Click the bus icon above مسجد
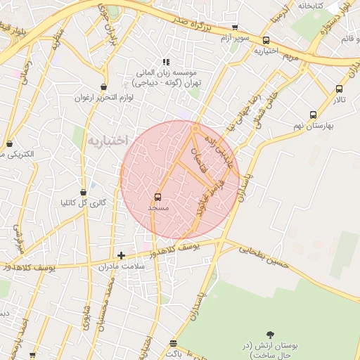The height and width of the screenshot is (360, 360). tap(157, 197)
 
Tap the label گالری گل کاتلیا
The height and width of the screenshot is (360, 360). tap(84, 203)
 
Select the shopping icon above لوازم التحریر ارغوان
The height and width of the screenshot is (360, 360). tap(104, 87)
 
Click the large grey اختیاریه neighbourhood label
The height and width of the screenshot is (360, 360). tap(107, 141)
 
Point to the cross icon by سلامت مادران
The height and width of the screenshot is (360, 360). tap(122, 255)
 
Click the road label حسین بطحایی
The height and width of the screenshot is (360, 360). tap(264, 257)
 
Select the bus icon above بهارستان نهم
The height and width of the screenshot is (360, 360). tap(313, 115)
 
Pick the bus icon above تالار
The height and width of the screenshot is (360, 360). tap(340, 89)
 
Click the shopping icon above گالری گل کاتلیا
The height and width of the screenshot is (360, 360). tap(83, 192)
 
